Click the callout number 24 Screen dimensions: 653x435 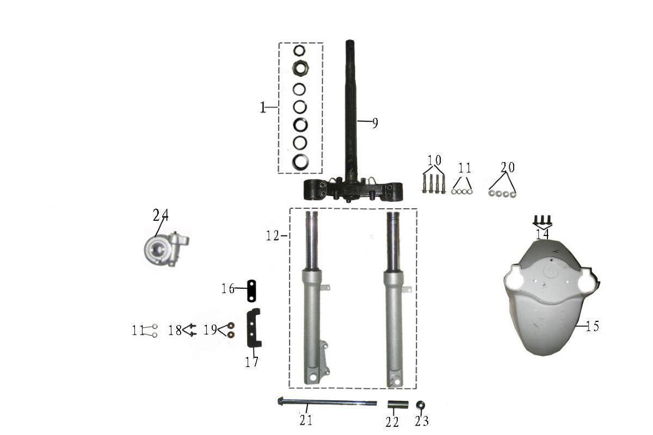tap(161, 216)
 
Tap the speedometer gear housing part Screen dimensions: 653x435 tap(167, 249)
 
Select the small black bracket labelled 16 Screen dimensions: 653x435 tap(251, 291)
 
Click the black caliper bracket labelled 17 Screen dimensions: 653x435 tap(254, 328)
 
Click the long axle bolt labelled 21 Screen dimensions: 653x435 tap(327, 403)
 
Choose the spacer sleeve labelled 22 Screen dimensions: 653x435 tap(398, 405)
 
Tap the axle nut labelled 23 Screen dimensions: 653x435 tap(420, 405)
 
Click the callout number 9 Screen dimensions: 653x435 tap(375, 123)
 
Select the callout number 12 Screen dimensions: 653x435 tap(273, 235)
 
